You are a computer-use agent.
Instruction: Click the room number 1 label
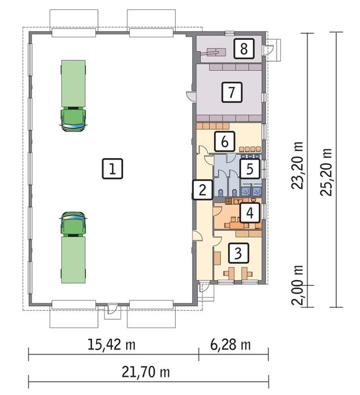(x=112, y=169)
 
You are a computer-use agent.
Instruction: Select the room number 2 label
(x=202, y=190)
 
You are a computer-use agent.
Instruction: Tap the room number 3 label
(x=238, y=253)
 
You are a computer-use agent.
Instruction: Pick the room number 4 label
(x=250, y=213)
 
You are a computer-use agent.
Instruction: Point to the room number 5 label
(x=250, y=169)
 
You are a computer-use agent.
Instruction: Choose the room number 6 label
(x=225, y=141)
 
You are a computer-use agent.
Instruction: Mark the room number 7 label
(x=232, y=92)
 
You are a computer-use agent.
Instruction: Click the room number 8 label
(x=244, y=49)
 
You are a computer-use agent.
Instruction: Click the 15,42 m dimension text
(x=111, y=344)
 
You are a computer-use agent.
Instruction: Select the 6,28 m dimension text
(x=231, y=344)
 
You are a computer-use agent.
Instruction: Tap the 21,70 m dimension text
(x=146, y=372)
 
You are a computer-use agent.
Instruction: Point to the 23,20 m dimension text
(x=297, y=165)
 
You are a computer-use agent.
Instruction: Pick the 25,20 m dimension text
(x=326, y=172)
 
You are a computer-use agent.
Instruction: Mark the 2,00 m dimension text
(x=297, y=285)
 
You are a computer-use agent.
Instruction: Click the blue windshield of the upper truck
(x=73, y=126)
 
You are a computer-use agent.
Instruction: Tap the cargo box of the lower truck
(x=73, y=260)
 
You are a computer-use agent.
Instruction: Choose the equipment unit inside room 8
(x=215, y=52)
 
